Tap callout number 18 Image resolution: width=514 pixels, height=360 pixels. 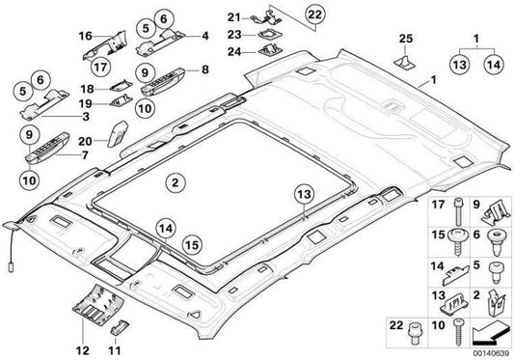coord(87,87)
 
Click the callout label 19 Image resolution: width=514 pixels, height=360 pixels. coord(87,102)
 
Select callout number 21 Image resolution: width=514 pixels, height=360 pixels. coord(232,17)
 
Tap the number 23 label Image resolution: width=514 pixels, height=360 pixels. coord(232,35)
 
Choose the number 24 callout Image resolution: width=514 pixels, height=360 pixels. coord(232,53)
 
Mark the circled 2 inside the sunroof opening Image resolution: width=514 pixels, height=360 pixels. coord(174,180)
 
